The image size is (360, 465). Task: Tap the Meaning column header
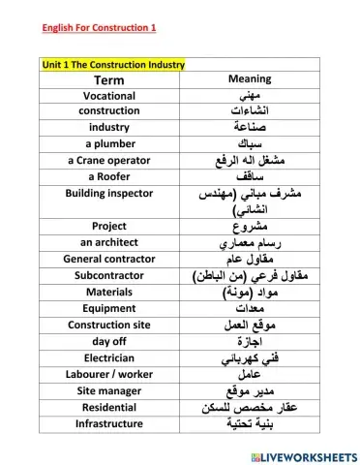pyautogui.click(x=248, y=78)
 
